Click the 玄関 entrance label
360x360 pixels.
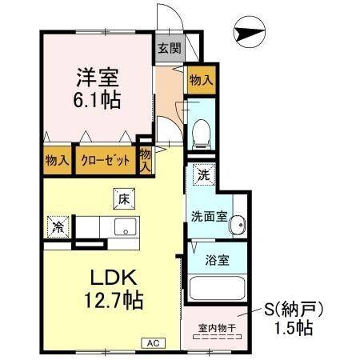pyautogui.click(x=169, y=48)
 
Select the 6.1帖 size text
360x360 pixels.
pyautogui.click(x=98, y=100)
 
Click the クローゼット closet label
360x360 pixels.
pyautogui.click(x=105, y=160)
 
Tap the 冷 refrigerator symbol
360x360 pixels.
pyautogui.click(x=58, y=226)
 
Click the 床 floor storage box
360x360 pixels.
pyautogui.click(x=124, y=197)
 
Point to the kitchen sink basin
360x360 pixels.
pyautogui.click(x=127, y=227)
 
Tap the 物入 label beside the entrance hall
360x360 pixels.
pyautogui.click(x=200, y=79)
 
